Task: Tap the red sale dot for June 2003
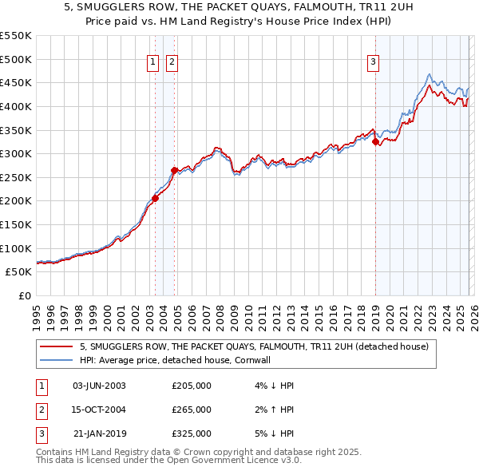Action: (155, 199)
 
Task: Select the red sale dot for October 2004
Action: (174, 170)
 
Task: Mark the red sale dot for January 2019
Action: (375, 142)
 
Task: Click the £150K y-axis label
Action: (16, 224)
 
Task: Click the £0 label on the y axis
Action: (25, 295)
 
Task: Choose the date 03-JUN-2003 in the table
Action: (99, 386)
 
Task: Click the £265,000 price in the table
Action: (192, 410)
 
